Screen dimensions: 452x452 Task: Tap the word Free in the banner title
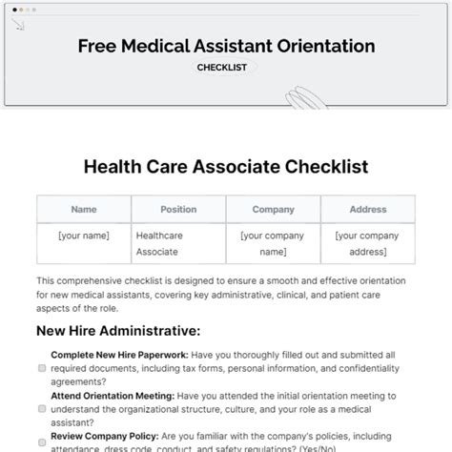pyautogui.click(x=97, y=45)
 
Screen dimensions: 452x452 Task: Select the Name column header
pyautogui.click(x=84, y=209)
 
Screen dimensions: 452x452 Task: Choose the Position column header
pyautogui.click(x=178, y=209)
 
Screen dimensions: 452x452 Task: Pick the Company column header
pyautogui.click(x=273, y=209)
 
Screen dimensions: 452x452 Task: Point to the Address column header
pyautogui.click(x=367, y=209)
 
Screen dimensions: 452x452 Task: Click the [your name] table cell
pyautogui.click(x=84, y=236)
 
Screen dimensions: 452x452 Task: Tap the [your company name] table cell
pyautogui.click(x=273, y=243)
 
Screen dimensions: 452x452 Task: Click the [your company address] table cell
pyautogui.click(x=367, y=243)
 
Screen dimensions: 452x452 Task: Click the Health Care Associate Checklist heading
pyautogui.click(x=225, y=167)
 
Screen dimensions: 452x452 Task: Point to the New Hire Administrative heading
pyautogui.click(x=118, y=330)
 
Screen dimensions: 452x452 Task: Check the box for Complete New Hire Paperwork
pyautogui.click(x=42, y=366)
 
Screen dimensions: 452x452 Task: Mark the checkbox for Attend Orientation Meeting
pyautogui.click(x=42, y=408)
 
